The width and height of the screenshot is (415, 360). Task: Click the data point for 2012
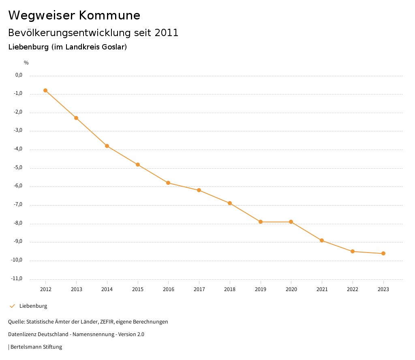pyautogui.click(x=45, y=90)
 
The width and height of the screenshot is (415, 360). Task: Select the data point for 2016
pyautogui.click(x=168, y=183)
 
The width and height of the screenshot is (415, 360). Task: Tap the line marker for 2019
pyautogui.click(x=261, y=222)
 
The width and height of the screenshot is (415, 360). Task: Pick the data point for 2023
pyautogui.click(x=383, y=253)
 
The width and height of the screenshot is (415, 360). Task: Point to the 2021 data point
pyautogui.click(x=322, y=240)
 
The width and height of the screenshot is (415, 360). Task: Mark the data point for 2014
pyautogui.click(x=107, y=146)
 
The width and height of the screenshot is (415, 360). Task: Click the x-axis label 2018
pyautogui.click(x=230, y=289)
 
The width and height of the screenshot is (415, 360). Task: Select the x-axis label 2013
pyautogui.click(x=76, y=289)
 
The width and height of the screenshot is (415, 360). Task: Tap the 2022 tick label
pyautogui.click(x=353, y=289)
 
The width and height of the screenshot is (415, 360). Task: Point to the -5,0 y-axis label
pyautogui.click(x=19, y=167)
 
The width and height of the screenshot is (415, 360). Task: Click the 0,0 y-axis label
pyautogui.click(x=19, y=75)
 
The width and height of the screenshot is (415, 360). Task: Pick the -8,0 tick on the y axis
pyautogui.click(x=19, y=223)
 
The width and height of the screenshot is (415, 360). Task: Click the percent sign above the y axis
pyautogui.click(x=26, y=63)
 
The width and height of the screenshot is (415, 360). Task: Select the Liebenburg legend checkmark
pyautogui.click(x=12, y=306)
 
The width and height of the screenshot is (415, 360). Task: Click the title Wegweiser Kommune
pyautogui.click(x=74, y=15)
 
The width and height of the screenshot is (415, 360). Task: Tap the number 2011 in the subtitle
pyautogui.click(x=167, y=33)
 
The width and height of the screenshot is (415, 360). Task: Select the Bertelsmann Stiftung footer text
pyautogui.click(x=36, y=347)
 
